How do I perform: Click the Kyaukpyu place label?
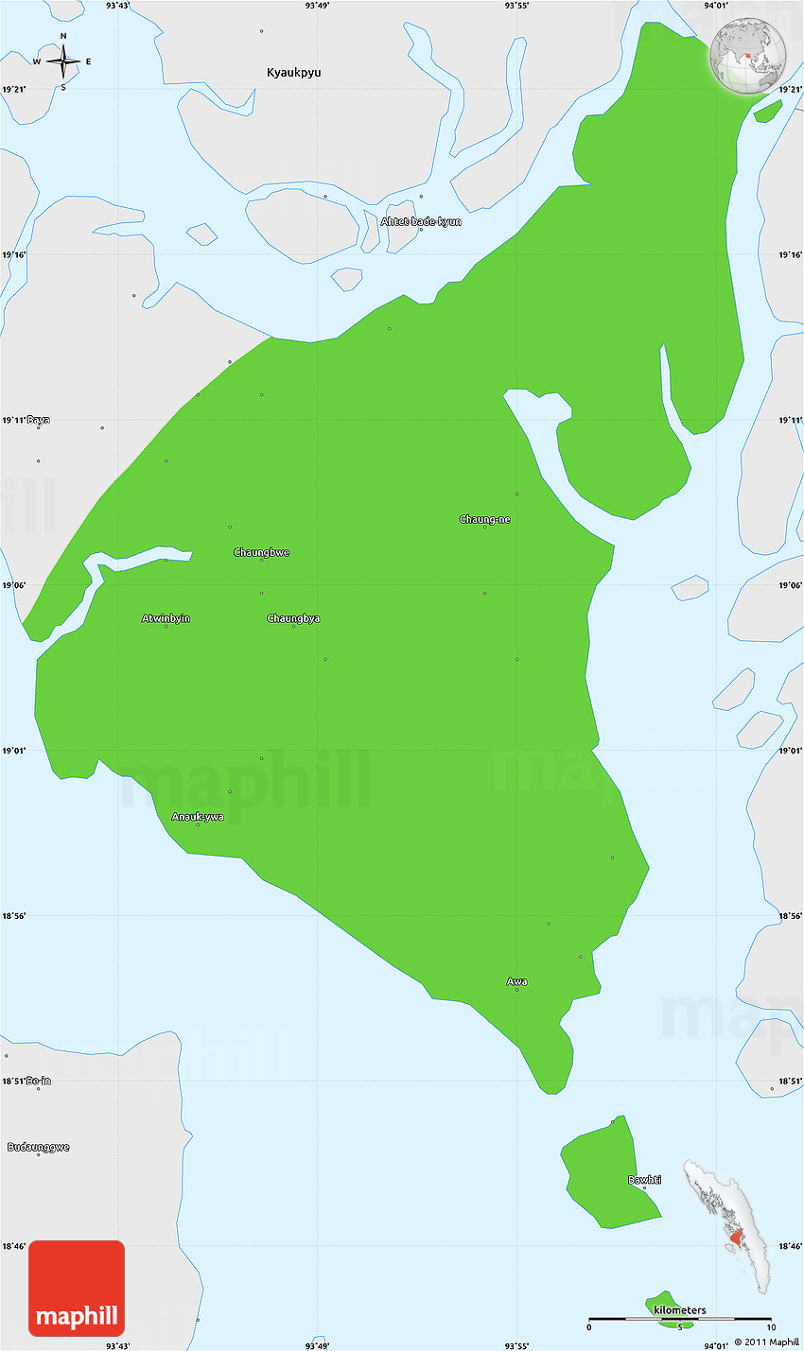pos(293,73)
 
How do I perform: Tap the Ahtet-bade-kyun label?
pos(421,221)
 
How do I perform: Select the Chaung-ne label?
pos(484,519)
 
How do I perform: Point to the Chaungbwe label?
pos(261,552)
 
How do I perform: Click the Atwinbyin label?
pos(166,618)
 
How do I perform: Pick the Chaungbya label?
pos(293,618)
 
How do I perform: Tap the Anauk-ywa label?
pos(198,817)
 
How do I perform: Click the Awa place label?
pos(516,981)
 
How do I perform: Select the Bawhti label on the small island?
pos(644,1180)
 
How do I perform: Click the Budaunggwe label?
pos(39,1147)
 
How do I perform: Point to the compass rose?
pos(63,62)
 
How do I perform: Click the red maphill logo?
pos(77,1288)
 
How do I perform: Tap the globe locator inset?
pos(748,58)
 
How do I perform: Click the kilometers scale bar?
pos(679,1319)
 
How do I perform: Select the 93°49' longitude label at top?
pos(317,6)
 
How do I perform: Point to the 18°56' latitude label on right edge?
pos(790,916)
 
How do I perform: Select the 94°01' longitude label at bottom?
pos(716,1345)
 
